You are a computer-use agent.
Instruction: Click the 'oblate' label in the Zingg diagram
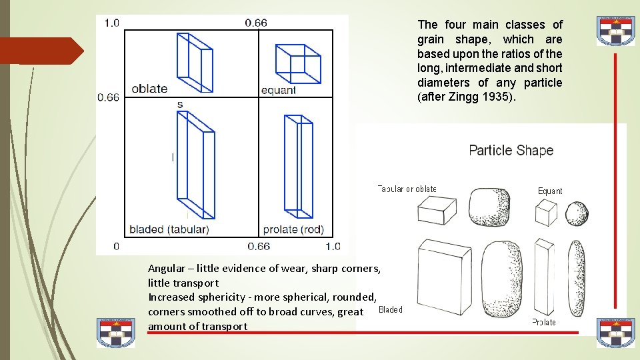(x=149, y=89)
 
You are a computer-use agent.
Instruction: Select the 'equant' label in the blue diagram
(x=279, y=91)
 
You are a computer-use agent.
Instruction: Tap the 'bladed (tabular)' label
(x=169, y=229)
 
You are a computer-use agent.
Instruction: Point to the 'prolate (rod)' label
(x=293, y=229)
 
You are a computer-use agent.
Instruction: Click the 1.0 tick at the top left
(x=111, y=23)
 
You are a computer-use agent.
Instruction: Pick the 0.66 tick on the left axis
(x=108, y=97)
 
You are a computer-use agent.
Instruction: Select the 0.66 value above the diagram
(x=256, y=23)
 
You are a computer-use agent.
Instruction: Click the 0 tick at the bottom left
(x=116, y=246)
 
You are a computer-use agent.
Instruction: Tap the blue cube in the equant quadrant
(x=298, y=63)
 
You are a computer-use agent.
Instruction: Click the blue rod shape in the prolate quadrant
(x=298, y=167)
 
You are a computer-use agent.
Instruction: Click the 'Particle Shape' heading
(x=511, y=150)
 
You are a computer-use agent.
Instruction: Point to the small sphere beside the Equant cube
(x=577, y=214)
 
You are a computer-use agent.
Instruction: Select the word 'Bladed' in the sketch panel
(x=390, y=309)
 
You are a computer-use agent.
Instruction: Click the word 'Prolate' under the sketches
(x=544, y=322)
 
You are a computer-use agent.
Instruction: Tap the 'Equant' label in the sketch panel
(x=550, y=191)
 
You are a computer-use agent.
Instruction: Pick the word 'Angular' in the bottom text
(x=166, y=269)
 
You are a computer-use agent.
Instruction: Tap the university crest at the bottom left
(x=115, y=333)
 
